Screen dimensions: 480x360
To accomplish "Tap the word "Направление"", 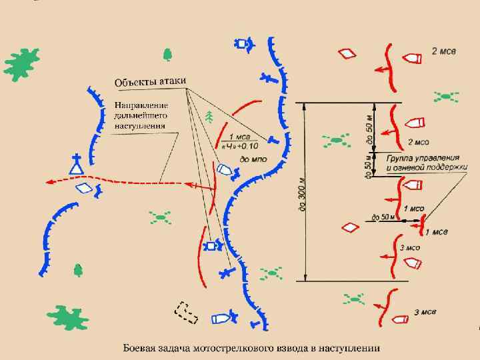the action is [x=141, y=105].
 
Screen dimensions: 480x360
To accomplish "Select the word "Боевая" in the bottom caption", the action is [x=141, y=347].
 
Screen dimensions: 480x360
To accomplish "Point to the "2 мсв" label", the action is [x=443, y=51].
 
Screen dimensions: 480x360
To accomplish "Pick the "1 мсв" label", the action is [x=437, y=232].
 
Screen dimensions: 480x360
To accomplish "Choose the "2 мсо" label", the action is [x=418, y=142].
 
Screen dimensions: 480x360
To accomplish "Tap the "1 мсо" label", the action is [x=413, y=209].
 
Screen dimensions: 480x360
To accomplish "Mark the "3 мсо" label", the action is [x=410, y=247].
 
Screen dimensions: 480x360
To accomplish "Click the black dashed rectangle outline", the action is [x=187, y=313].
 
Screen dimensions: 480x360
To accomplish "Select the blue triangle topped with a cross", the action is [x=77, y=164].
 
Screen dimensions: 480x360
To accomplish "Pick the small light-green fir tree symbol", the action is [x=211, y=117].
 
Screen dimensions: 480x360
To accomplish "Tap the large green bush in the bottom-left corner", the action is [x=67, y=319].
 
